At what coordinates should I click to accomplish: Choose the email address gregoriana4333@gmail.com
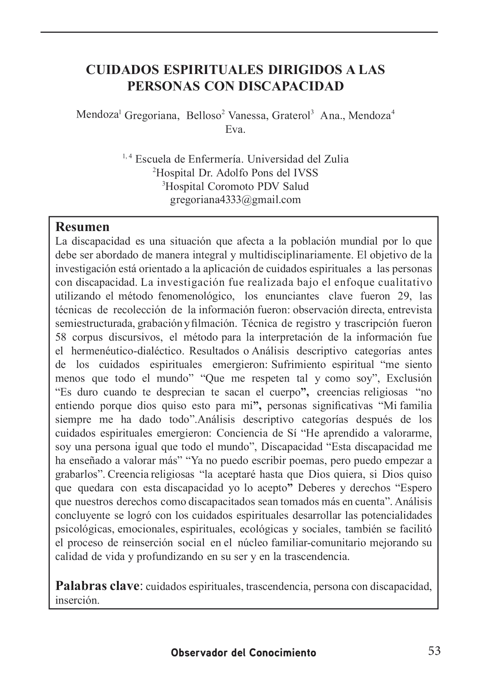coord(235,200)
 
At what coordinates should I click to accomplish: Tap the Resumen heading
coord(82,227)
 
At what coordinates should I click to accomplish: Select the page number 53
coord(434,651)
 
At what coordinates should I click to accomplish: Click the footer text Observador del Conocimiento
coord(244,653)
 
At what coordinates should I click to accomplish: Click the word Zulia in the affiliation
coord(335,159)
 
